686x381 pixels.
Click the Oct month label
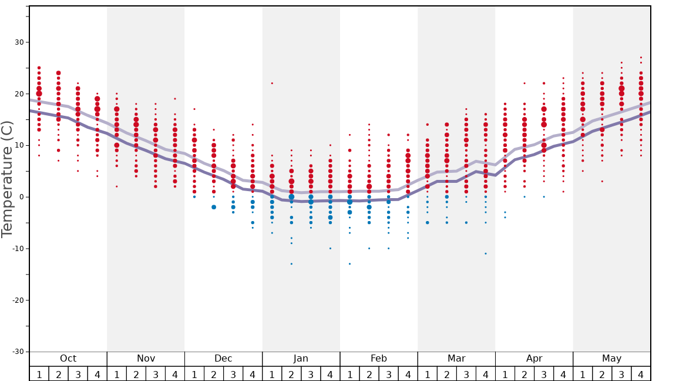coord(68,359)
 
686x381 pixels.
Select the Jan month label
coord(301,359)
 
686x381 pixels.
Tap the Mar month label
coord(456,359)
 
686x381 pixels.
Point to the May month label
coord(611,359)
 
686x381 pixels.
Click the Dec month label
coord(223,359)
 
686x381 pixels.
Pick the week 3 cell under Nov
coord(156,374)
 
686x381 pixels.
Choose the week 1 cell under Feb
coord(349,374)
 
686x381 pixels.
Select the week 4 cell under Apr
coord(563,374)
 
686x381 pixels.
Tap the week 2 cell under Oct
coord(58,374)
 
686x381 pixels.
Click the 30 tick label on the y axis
coord(19,42)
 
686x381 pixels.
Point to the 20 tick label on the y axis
coord(19,94)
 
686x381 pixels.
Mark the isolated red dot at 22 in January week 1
coord(272,83)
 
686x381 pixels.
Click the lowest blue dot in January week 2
coord(291,264)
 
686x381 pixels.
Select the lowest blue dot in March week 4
coord(486,253)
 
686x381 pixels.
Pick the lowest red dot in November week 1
coord(117,186)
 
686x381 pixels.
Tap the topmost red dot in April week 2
coord(524,83)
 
